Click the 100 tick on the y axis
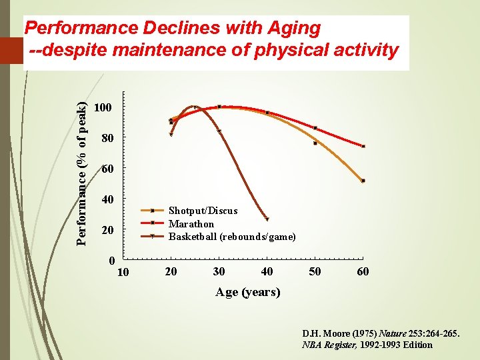pyautogui.click(x=104, y=107)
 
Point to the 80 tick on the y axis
pyautogui.click(x=107, y=139)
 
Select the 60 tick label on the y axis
pyautogui.click(x=107, y=169)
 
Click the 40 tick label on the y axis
pyautogui.click(x=107, y=200)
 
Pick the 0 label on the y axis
pyautogui.click(x=111, y=260)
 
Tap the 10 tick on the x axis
pyautogui.click(x=123, y=272)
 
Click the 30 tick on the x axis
pyautogui.click(x=219, y=272)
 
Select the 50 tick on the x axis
pyautogui.click(x=315, y=272)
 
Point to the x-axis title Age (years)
pyautogui.click(x=247, y=292)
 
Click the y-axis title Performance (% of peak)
pyautogui.click(x=81, y=173)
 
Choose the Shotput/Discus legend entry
pyautogui.click(x=203, y=211)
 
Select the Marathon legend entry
pyautogui.click(x=191, y=224)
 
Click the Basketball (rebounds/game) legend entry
pyautogui.click(x=232, y=237)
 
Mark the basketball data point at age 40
pyautogui.click(x=267, y=219)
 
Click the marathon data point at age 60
pyautogui.click(x=363, y=146)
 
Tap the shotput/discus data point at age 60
pyautogui.click(x=363, y=181)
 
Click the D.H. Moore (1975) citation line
pyautogui.click(x=380, y=333)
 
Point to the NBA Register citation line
pyautogui.click(x=367, y=345)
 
